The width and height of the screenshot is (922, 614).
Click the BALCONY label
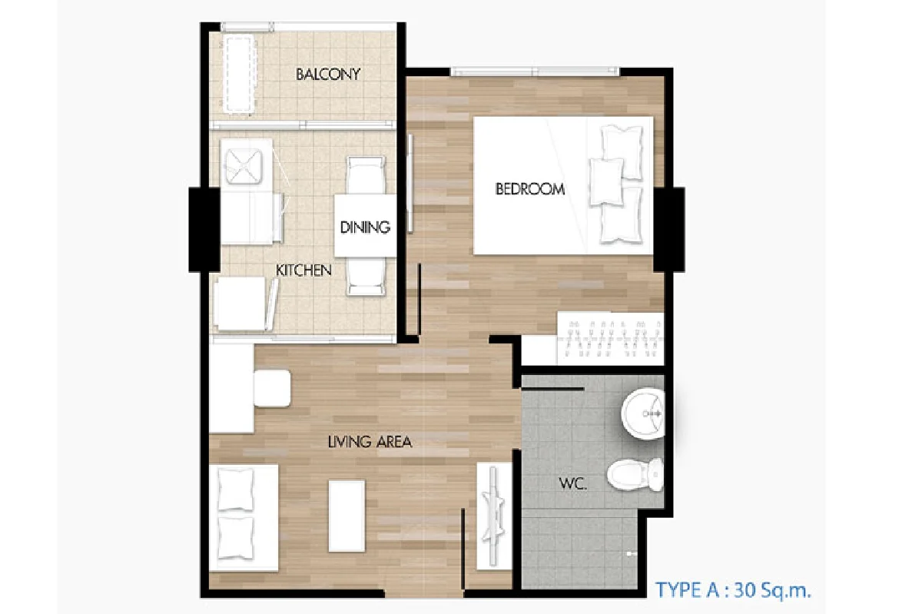click(328, 74)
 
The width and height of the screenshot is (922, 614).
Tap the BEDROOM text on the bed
click(529, 189)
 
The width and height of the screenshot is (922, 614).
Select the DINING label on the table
click(365, 227)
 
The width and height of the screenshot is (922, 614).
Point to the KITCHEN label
click(303, 270)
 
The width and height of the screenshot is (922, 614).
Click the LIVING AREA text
click(370, 442)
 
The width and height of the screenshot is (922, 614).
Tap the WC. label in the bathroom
click(572, 483)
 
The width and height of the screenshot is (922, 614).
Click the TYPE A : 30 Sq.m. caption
click(733, 589)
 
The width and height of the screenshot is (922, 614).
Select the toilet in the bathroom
click(635, 475)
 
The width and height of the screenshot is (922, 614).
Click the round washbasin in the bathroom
click(642, 413)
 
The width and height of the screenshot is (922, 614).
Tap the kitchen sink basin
click(244, 166)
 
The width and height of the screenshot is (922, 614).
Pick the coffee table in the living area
click(347, 516)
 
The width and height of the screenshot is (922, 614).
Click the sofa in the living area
click(244, 518)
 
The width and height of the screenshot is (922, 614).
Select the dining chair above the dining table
click(366, 175)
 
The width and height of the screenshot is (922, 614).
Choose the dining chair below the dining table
click(366, 277)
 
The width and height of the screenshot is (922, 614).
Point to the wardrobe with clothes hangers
click(610, 338)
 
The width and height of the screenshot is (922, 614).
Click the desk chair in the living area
click(272, 388)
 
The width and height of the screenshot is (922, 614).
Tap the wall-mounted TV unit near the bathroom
click(494, 516)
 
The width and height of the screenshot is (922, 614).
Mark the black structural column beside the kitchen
click(204, 229)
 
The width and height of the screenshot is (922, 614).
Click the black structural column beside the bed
click(669, 229)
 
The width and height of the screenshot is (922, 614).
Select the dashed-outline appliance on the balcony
click(239, 74)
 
